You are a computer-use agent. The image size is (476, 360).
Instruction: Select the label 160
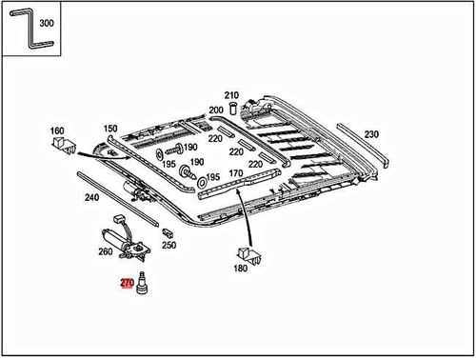pos(57,130)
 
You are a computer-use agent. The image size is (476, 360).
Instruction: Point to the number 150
pos(110,129)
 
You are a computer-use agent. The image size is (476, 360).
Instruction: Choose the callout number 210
pos(231,95)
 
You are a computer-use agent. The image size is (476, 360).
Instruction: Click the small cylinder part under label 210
pos(232,108)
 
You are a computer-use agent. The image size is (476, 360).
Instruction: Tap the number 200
pos(216,110)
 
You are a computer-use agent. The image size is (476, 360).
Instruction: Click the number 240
pos(91,198)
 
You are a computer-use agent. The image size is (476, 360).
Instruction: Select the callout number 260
pos(106,252)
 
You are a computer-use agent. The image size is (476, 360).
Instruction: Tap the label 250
pos(169,245)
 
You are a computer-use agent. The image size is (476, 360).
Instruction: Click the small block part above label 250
pos(168,231)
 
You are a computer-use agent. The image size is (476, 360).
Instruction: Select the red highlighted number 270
pos(127,283)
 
